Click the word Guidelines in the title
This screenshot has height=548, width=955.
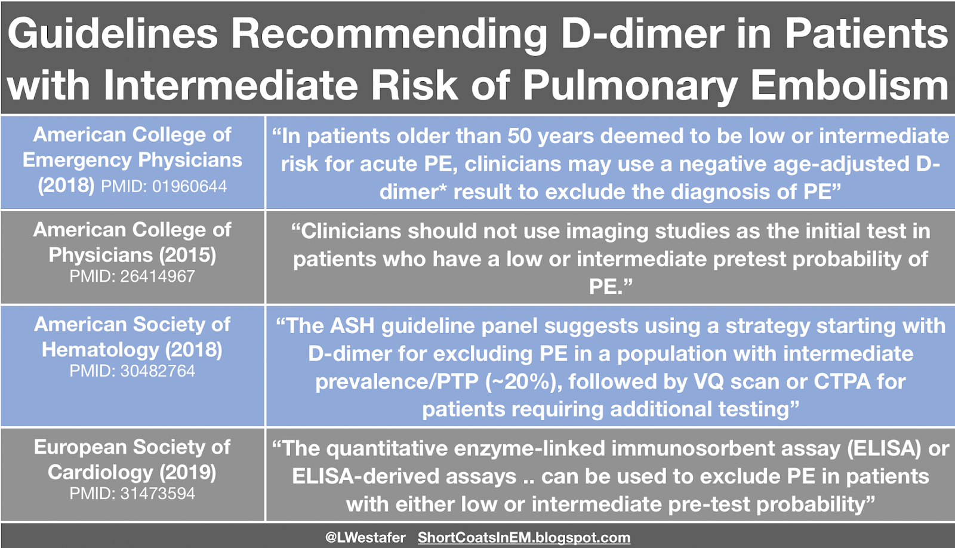[113, 34]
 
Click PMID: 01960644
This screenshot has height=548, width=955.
[164, 186]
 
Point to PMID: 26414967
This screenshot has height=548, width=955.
[132, 276]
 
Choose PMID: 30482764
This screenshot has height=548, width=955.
[132, 371]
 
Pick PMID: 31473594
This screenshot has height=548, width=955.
[132, 494]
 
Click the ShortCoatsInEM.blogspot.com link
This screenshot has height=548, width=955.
[523, 537]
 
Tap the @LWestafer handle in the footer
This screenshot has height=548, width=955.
[365, 537]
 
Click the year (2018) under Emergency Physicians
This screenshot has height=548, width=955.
[66, 185]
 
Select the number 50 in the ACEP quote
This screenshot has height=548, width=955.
[520, 136]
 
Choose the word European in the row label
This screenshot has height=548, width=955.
[80, 447]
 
